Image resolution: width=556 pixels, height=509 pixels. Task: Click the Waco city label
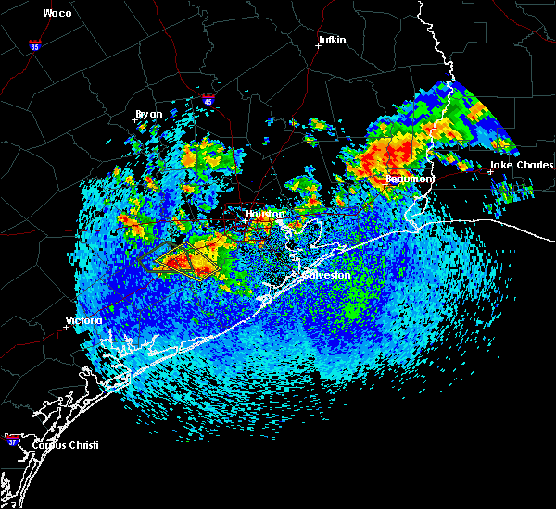point(57,13)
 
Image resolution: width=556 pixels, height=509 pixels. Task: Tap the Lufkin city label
point(332,40)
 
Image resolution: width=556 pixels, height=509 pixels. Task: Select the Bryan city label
point(148,114)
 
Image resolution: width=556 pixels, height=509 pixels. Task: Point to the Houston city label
point(260,214)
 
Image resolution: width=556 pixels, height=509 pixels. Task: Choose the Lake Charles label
point(522,165)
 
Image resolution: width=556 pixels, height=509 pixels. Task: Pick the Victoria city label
point(83,320)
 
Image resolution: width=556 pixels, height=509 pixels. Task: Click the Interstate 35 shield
point(34,45)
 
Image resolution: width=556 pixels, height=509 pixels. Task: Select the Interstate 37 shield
point(12,438)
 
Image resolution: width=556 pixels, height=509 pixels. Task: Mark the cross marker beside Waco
point(44,19)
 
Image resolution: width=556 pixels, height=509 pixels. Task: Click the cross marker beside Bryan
point(135,119)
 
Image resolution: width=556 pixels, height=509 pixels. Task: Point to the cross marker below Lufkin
point(318,45)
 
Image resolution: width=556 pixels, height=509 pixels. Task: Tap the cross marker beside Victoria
point(67,327)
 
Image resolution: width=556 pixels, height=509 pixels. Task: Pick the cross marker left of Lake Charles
point(490,171)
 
